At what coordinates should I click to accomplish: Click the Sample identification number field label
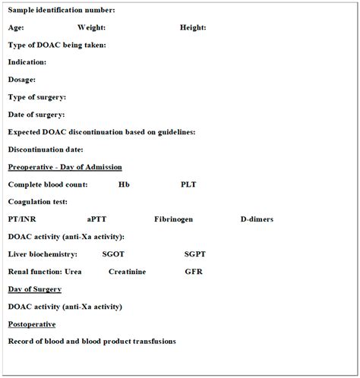pyautogui.click(x=62, y=10)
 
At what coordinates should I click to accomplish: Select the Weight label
pyautogui.click(x=91, y=27)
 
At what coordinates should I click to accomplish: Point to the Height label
pyautogui.click(x=192, y=27)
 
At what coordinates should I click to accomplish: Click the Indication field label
pyautogui.click(x=27, y=62)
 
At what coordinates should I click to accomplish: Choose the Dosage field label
pyautogui.click(x=22, y=80)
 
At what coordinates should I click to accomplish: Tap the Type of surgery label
pyautogui.click(x=37, y=97)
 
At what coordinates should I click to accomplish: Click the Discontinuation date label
pyautogui.click(x=46, y=150)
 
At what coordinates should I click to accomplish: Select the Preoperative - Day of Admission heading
pyautogui.click(x=65, y=167)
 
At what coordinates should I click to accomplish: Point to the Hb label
pyautogui.click(x=124, y=184)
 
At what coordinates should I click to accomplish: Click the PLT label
pyautogui.click(x=188, y=184)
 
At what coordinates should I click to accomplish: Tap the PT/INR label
pyautogui.click(x=24, y=219)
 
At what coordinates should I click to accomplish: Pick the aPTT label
pyautogui.click(x=97, y=219)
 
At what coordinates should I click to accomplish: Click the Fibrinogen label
pyautogui.click(x=173, y=219)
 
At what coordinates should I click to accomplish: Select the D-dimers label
pyautogui.click(x=257, y=219)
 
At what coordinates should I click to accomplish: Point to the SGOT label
pyautogui.click(x=113, y=254)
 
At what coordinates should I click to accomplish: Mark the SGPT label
pyautogui.click(x=195, y=254)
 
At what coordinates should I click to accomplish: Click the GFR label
pyautogui.click(x=193, y=272)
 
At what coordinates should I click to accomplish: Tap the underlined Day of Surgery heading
pyautogui.click(x=35, y=289)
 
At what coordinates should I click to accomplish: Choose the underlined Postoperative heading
pyautogui.click(x=31, y=324)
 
